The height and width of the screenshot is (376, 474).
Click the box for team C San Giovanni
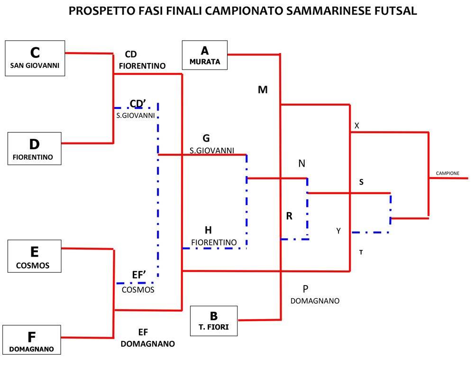pyautogui.click(x=35, y=58)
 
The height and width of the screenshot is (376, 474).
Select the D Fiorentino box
pyautogui.click(x=35, y=149)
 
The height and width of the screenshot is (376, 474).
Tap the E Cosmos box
pyautogui.click(x=35, y=256)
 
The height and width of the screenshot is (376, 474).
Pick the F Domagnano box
pyautogui.click(x=32, y=340)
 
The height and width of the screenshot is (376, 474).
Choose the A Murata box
pyautogui.click(x=205, y=55)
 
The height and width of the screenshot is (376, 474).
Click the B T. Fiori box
pyautogui.click(x=214, y=321)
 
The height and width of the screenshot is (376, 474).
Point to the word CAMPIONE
pyautogui.click(x=447, y=173)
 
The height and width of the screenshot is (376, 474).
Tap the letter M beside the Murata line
pyautogui.click(x=263, y=90)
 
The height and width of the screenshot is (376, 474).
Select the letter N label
pyautogui.click(x=301, y=163)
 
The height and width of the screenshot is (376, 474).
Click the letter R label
pyautogui.click(x=289, y=216)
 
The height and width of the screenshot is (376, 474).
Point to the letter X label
pyautogui.click(x=357, y=125)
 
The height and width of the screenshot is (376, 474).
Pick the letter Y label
pyautogui.click(x=338, y=231)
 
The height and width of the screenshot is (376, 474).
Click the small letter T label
pyautogui.click(x=361, y=252)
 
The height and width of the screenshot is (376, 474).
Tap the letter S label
pyautogui.click(x=361, y=182)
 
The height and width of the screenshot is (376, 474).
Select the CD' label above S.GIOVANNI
pyautogui.click(x=138, y=104)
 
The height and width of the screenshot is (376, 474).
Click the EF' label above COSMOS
pyautogui.click(x=139, y=275)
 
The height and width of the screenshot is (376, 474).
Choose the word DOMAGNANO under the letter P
pyautogui.click(x=315, y=301)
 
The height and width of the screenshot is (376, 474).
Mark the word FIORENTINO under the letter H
pyautogui.click(x=214, y=242)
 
